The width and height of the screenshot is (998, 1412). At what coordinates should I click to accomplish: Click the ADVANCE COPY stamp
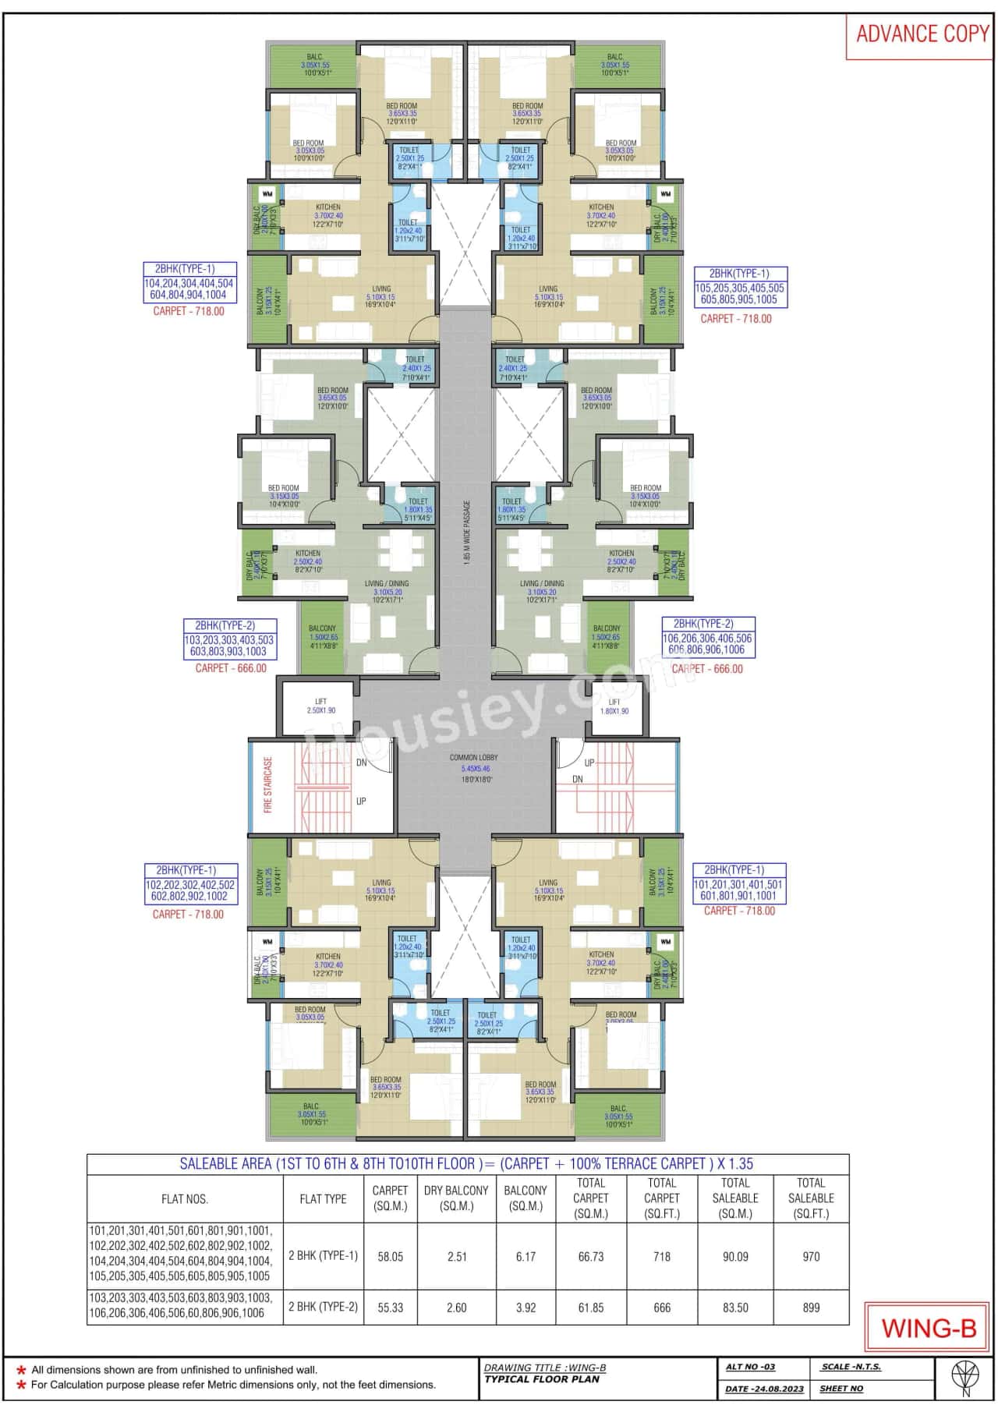pyautogui.click(x=922, y=34)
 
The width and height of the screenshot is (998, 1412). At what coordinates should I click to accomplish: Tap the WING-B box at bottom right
pyautogui.click(x=928, y=1327)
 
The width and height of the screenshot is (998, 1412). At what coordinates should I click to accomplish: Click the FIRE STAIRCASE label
pyautogui.click(x=268, y=784)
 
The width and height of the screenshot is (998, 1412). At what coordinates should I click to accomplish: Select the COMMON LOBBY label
pyautogui.click(x=473, y=758)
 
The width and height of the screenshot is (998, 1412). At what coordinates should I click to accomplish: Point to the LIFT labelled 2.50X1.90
pyautogui.click(x=320, y=706)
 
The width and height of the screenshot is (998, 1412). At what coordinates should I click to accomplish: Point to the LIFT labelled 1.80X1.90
pyautogui.click(x=614, y=706)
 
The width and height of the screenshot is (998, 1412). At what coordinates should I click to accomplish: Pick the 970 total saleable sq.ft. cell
pyautogui.click(x=811, y=1257)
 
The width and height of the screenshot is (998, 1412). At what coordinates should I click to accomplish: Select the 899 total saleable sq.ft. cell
pyautogui.click(x=811, y=1308)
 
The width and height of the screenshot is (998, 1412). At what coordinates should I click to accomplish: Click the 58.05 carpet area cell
pyautogui.click(x=390, y=1257)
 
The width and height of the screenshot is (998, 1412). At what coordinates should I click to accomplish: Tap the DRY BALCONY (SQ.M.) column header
pyautogui.click(x=456, y=1198)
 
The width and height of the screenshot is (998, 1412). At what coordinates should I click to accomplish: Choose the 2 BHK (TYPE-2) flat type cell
pyautogui.click(x=323, y=1307)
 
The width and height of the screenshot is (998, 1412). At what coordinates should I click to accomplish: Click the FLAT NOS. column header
pyautogui.click(x=185, y=1199)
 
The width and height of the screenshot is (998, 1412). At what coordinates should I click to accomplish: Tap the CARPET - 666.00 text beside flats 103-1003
pyautogui.click(x=231, y=668)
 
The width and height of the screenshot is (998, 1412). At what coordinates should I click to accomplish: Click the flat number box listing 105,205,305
pyautogui.click(x=740, y=294)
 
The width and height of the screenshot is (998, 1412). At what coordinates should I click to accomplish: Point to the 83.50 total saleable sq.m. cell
pyautogui.click(x=735, y=1308)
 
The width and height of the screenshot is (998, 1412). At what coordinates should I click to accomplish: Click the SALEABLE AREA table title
pyautogui.click(x=466, y=1164)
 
